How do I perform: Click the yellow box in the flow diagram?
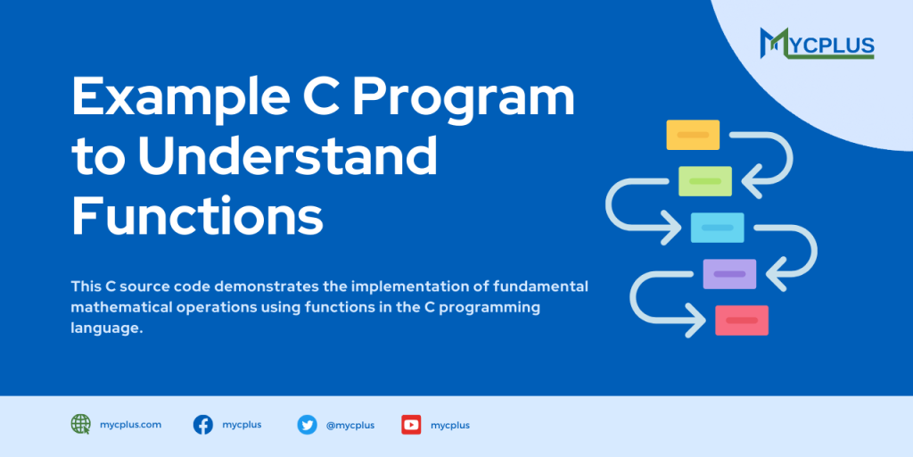(x=693, y=135)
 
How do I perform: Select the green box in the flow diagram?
(x=704, y=181)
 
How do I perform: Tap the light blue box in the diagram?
(x=717, y=228)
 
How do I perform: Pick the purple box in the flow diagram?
(x=729, y=274)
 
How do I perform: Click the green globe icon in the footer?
(x=81, y=425)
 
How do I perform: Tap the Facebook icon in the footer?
(x=203, y=425)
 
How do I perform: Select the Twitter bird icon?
(x=308, y=425)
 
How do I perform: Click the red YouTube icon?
(x=411, y=425)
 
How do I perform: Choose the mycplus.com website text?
(x=130, y=425)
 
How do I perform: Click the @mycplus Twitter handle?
(x=350, y=425)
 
